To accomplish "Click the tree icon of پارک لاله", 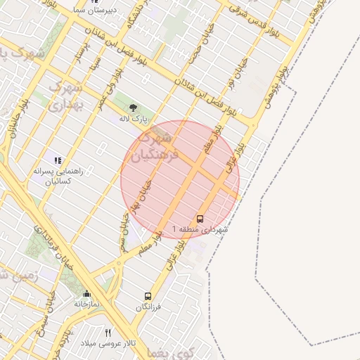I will click(x=134, y=108).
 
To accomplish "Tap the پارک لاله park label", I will click(x=134, y=120).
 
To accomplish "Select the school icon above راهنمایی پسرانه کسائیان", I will click(x=58, y=160).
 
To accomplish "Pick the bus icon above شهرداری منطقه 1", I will click(x=200, y=219).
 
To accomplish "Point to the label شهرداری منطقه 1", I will click(x=202, y=230).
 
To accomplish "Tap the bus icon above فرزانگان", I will click(x=148, y=296).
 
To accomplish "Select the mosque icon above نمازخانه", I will click(x=86, y=293).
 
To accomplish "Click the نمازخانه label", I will click(x=87, y=304).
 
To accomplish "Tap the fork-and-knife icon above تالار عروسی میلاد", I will click(x=108, y=332).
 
